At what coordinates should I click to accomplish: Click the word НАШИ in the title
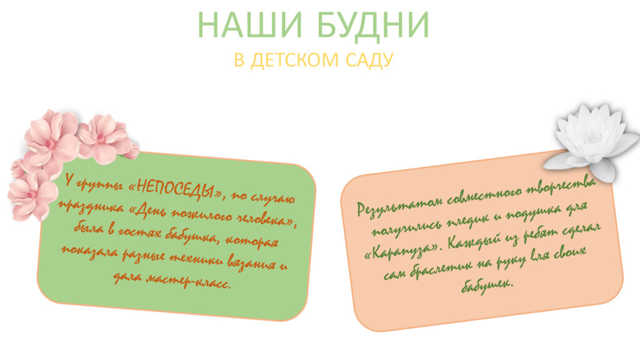click(250, 25)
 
